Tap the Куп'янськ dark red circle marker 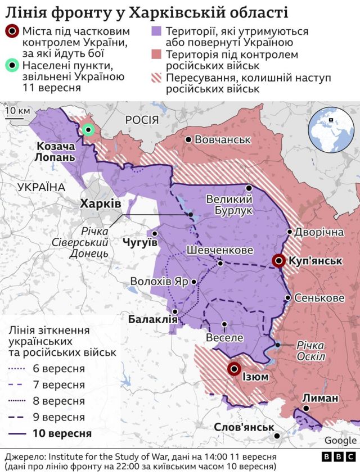click(278, 261)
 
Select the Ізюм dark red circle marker click(234, 369)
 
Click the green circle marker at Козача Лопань click(88, 130)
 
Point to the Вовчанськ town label click(222, 139)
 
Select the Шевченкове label click(220, 250)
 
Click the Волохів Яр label click(160, 282)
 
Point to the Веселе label click(224, 338)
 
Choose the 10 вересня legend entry click(51, 433)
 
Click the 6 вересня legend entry click(51, 369)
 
